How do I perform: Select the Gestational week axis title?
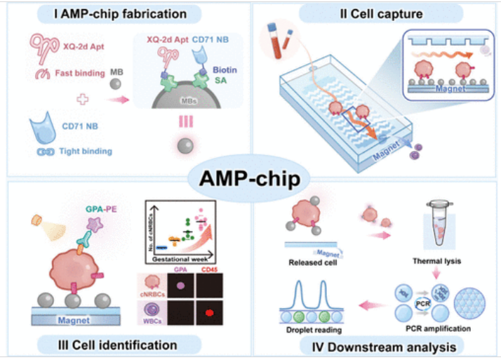180,259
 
